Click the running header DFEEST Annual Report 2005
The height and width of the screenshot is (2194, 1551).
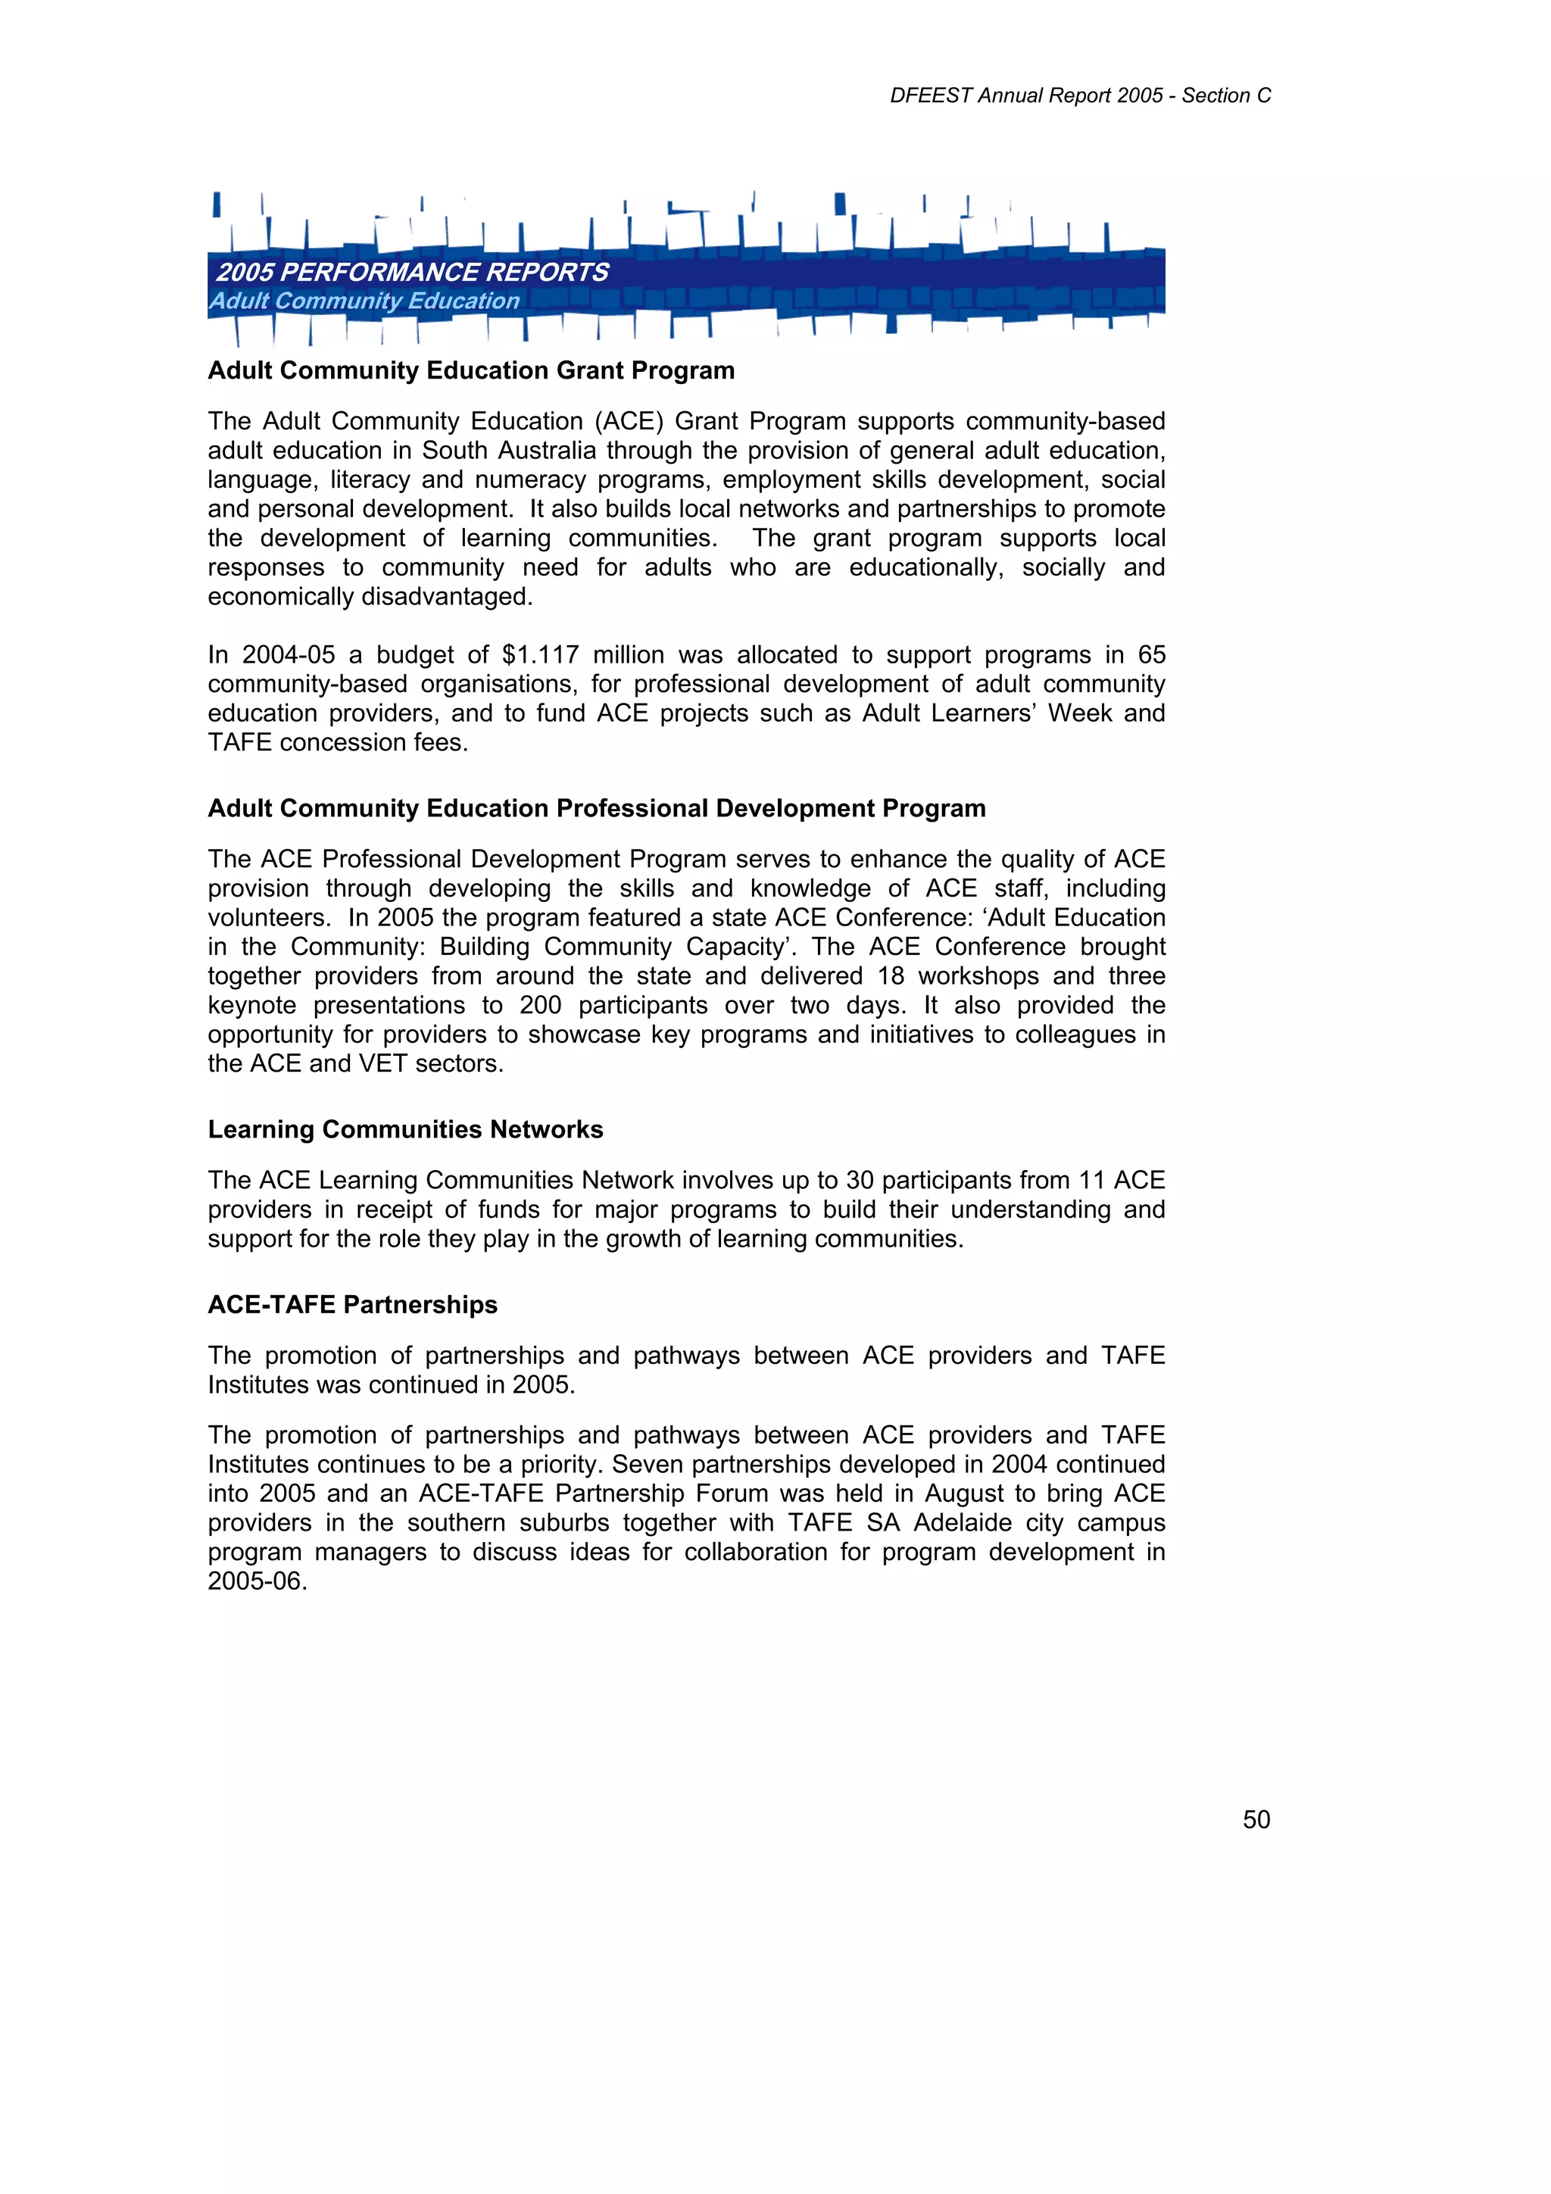click(1026, 95)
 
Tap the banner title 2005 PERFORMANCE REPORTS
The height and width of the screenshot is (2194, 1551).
click(412, 273)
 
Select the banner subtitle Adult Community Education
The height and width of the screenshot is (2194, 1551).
click(364, 301)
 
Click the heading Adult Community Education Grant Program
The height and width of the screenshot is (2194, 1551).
click(471, 371)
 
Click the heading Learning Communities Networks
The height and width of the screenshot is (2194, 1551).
click(405, 1129)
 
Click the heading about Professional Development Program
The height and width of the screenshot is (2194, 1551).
click(596, 808)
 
